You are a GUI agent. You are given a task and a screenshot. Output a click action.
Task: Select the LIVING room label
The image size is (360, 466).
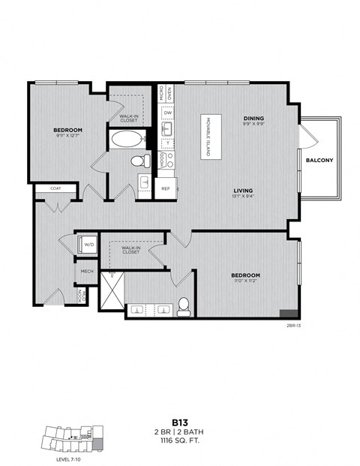pyautogui.click(x=241, y=190)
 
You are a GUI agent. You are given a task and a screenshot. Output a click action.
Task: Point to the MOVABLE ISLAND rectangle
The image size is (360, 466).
pyautogui.click(x=211, y=141)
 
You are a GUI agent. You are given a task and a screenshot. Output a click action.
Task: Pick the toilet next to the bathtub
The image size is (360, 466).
pyautogui.click(x=139, y=161)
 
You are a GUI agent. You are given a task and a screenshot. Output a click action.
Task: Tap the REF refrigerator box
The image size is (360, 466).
pyautogui.click(x=166, y=189)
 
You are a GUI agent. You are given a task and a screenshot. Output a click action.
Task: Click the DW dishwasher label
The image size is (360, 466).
pyautogui.click(x=169, y=113)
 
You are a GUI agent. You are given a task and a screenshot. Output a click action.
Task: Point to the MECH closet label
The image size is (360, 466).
pyautogui.click(x=86, y=272)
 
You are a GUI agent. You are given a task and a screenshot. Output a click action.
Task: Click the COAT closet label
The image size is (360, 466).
pyautogui.click(x=55, y=188)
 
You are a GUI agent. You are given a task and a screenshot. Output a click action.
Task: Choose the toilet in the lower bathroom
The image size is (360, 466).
pyautogui.click(x=183, y=305)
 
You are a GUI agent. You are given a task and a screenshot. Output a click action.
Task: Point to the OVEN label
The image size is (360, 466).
pyautogui.click(x=170, y=93)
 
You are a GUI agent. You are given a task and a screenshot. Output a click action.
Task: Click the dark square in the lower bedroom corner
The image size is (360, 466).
pyautogui.click(x=288, y=315)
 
